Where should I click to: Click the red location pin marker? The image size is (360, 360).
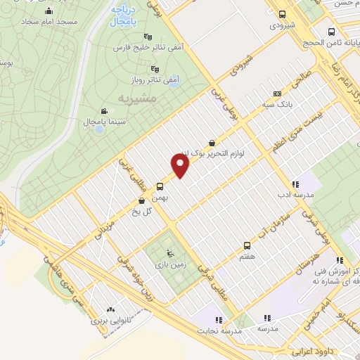coord(181,166)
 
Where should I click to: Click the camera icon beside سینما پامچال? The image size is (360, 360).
coord(104,111)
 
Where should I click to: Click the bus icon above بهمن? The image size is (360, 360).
coord(160,187)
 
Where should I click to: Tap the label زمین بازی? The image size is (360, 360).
coord(167,264)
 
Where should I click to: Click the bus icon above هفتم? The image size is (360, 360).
coord(247,245)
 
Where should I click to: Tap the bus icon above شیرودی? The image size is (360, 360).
coord(282,14)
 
